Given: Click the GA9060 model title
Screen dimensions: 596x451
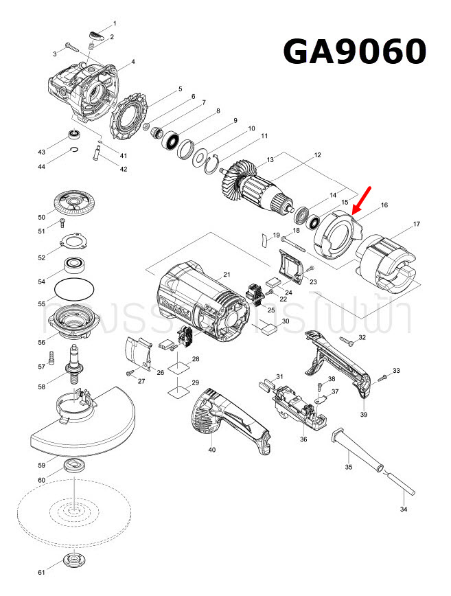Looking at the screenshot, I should click(355, 51).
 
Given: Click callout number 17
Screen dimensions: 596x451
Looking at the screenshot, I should click(416, 225).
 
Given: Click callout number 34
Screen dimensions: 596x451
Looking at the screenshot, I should click(403, 509).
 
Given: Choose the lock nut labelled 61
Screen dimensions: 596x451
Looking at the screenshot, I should click(73, 560).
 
